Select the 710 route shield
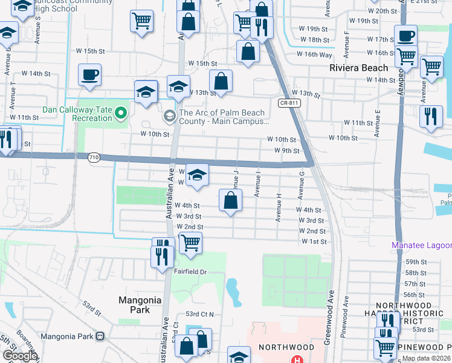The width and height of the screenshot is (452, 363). pos(94,158)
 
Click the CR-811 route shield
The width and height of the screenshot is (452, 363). pos(288,103)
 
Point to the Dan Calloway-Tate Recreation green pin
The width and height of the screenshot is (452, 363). pos(121,112)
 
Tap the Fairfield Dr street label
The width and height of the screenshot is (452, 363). pos(190,272)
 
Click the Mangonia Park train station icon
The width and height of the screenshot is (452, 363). pos(100,336)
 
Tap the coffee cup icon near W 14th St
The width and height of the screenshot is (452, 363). pos(89,76)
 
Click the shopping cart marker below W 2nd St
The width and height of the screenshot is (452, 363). pos(190,243)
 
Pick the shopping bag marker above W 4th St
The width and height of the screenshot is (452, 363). pos(230,201)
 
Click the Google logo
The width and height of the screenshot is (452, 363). pos(20,356)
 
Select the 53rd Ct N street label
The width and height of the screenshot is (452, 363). pos(200,315)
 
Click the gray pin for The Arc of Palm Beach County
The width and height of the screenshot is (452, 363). pos(170,116)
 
